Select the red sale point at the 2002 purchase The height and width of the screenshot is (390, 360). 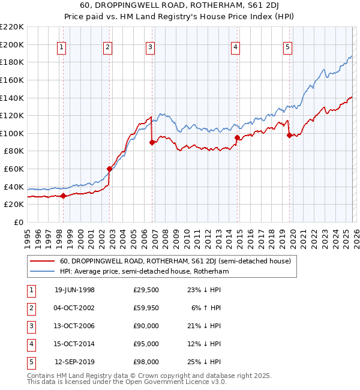tap(109, 169)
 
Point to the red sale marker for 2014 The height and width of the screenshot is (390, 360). tap(237, 137)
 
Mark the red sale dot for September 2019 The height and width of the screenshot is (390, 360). tap(289, 135)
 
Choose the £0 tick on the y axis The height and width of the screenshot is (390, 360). tap(17, 222)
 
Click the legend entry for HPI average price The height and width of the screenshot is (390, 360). tap(145, 271)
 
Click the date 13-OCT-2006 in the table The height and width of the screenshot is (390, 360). tap(74, 326)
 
